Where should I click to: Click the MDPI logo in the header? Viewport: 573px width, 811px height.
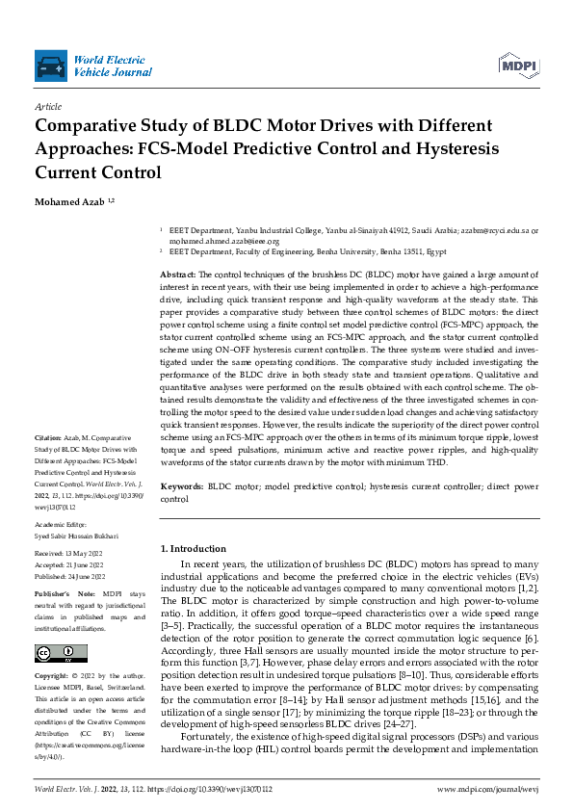coord(518,64)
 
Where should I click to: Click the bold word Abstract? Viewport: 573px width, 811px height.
coord(177,275)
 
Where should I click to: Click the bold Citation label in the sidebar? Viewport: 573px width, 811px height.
coord(49,436)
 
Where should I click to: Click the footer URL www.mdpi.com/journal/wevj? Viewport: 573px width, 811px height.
coord(486,788)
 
